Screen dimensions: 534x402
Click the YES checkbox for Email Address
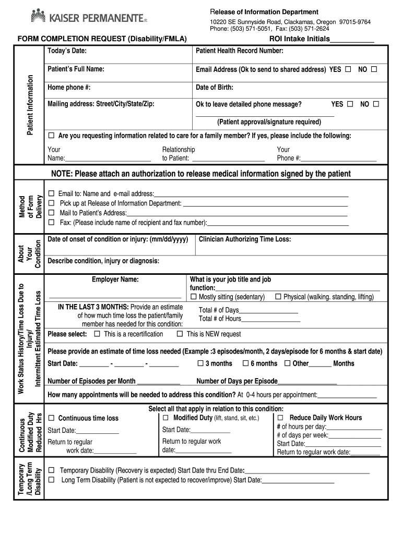tap(348, 69)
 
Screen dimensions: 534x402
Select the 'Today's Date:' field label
tap(67, 51)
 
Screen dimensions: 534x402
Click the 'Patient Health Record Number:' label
tap(240, 51)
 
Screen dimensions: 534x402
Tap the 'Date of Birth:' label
tap(215, 87)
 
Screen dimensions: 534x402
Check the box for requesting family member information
tap(51, 136)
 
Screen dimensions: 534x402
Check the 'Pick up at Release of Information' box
tap(51, 203)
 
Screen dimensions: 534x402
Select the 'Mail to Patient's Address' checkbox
tap(51, 213)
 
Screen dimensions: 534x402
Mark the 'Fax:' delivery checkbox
tap(51, 223)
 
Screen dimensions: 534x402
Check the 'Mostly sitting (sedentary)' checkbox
tap(194, 297)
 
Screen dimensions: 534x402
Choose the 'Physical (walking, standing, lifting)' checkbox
tap(278, 297)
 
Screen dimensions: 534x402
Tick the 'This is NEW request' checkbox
tap(180, 334)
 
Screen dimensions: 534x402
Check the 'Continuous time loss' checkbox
tap(51, 418)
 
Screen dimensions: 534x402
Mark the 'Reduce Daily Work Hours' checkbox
tap(280, 418)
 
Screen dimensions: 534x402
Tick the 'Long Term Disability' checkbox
tap(51, 480)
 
